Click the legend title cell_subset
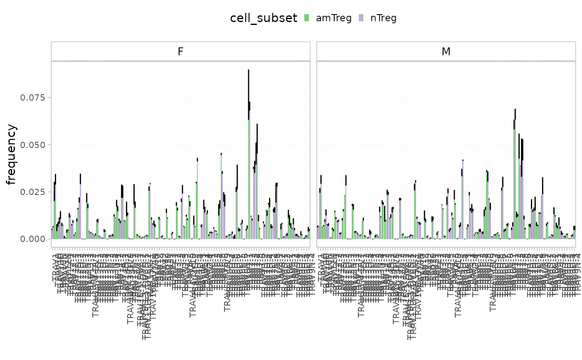(264, 18)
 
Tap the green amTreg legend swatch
(307, 18)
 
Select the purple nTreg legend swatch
(361, 18)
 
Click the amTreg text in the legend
(334, 18)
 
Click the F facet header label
(180, 52)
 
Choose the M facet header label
(446, 52)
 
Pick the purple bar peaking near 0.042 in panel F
(197, 200)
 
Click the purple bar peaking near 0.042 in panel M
(463, 200)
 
